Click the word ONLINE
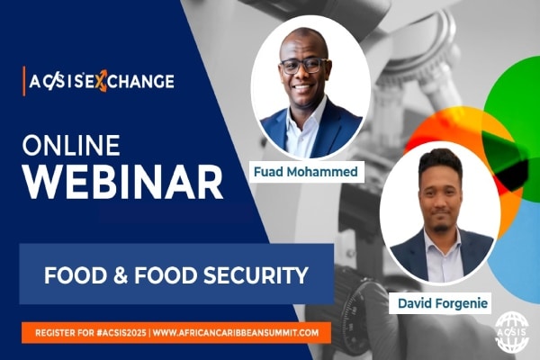coord(71,145)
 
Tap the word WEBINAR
coord(123,182)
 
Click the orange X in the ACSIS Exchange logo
coord(101,82)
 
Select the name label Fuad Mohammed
coord(306,172)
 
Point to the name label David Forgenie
coord(443,303)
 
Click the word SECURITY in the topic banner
coord(256,275)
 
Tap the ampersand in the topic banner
coord(121,275)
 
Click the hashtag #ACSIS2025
coord(121,333)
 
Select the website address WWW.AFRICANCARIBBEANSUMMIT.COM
coord(236,333)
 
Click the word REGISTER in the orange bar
coord(55,333)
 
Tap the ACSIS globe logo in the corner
coord(512,331)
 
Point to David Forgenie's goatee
coord(439,227)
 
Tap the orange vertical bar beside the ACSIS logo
coord(24,81)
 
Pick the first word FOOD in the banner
coord(76,275)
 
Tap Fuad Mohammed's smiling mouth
coord(302,87)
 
